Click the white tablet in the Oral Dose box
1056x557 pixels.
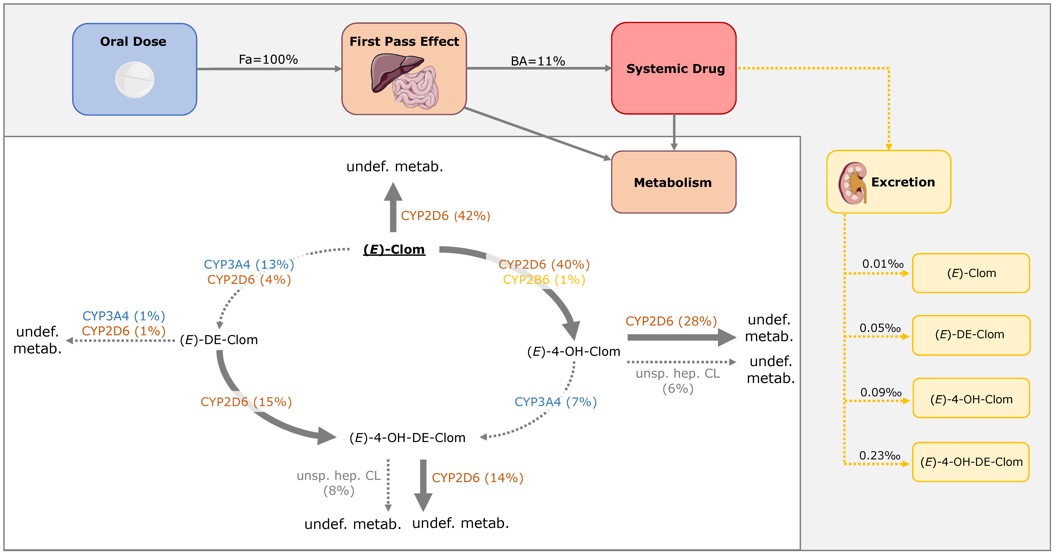coord(135,80)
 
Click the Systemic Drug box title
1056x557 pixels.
coord(675,69)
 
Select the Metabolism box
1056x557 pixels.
coord(673,182)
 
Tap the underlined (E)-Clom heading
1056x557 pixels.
coord(394,249)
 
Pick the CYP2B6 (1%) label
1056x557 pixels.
coord(544,280)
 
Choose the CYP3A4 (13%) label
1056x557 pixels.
coord(249,265)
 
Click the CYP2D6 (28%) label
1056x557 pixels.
coord(671,321)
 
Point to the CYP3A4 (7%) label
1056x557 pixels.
coord(556,402)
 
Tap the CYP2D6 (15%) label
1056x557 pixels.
coord(246,402)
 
